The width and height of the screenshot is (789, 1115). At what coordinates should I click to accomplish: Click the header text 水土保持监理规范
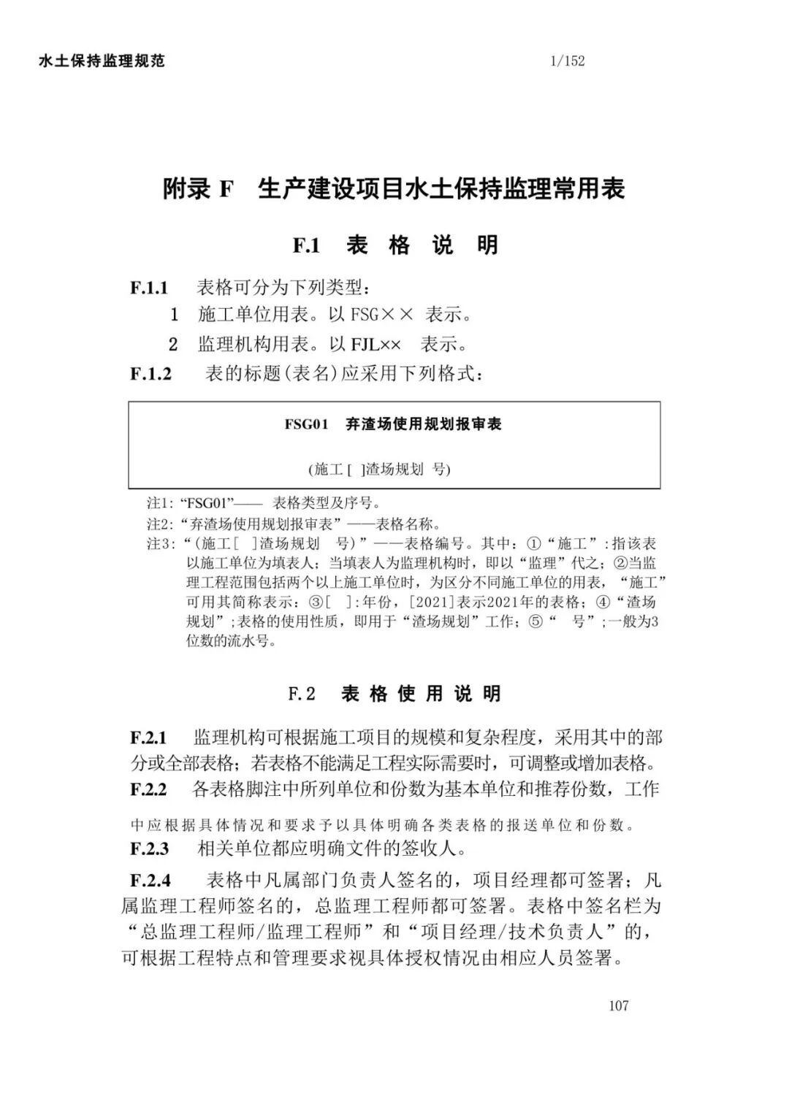(x=102, y=61)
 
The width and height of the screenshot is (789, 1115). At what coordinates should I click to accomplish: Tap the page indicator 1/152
(x=568, y=61)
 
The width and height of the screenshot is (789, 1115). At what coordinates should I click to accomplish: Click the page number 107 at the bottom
(x=618, y=1005)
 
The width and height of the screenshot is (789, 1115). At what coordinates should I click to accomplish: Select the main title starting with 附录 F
(x=394, y=190)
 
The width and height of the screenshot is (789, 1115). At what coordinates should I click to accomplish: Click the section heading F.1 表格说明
(x=395, y=245)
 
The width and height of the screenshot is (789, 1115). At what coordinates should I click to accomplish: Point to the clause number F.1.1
(x=149, y=288)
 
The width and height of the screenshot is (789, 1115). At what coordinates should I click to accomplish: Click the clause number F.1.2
(x=151, y=374)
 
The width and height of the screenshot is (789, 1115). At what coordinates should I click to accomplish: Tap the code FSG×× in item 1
(x=382, y=315)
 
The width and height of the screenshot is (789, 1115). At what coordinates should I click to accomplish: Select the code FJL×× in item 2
(x=376, y=344)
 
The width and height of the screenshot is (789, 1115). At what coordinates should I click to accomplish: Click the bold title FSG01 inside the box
(x=308, y=424)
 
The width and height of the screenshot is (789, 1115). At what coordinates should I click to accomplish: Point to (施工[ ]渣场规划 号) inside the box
(x=379, y=469)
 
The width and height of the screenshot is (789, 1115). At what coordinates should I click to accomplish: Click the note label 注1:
(x=159, y=503)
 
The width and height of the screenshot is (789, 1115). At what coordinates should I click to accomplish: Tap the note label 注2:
(x=159, y=524)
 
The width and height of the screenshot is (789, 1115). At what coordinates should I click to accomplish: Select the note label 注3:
(x=159, y=544)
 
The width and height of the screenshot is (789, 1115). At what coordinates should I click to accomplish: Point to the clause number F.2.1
(x=148, y=737)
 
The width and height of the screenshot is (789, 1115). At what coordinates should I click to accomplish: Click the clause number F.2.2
(x=148, y=789)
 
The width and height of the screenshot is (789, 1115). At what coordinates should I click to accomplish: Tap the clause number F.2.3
(x=149, y=848)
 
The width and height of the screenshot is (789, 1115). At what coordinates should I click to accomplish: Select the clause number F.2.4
(x=150, y=880)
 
